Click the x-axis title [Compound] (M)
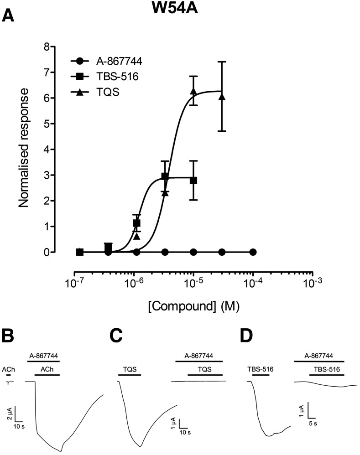[x=193, y=306]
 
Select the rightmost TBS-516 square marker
[x=193, y=181]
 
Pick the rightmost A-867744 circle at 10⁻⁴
[x=253, y=252]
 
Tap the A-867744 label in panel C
[x=198, y=356]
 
